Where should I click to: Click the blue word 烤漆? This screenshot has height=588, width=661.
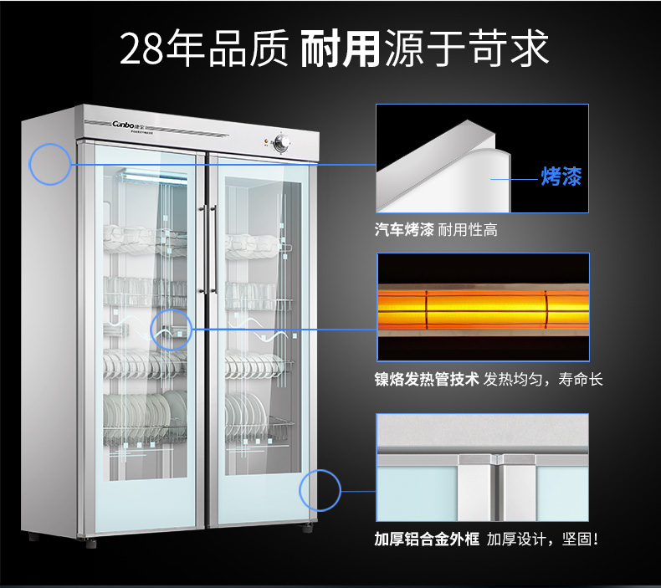coord(561,176)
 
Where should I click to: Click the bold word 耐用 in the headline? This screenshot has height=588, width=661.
coord(339,49)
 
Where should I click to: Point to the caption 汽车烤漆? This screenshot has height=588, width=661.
coord(404,229)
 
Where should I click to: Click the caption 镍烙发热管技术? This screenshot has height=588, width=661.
coord(426,379)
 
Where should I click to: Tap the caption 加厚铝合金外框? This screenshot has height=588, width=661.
coord(426,538)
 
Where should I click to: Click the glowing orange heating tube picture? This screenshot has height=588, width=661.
coord(481,307)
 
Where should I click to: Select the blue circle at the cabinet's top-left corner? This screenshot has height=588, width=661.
coord(50,164)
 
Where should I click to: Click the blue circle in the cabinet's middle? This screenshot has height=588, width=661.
coord(171,330)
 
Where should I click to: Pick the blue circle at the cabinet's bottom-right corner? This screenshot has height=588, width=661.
coord(320,490)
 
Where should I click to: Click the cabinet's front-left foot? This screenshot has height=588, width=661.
coord(33,536)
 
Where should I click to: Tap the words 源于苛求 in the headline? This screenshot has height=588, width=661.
coord(467,49)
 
